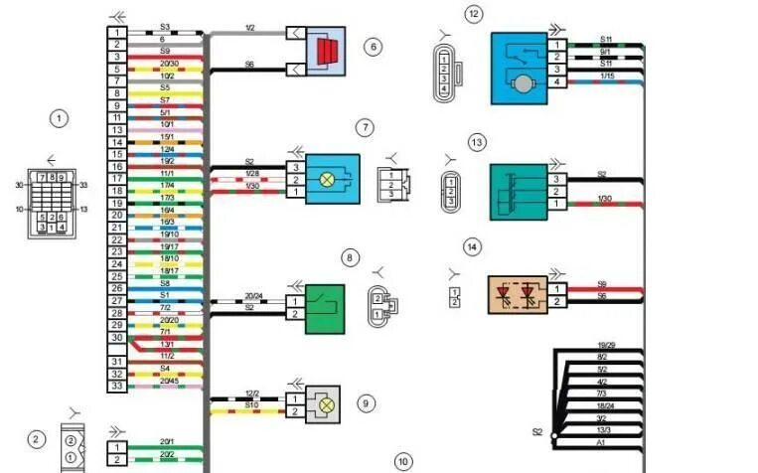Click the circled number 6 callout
pyautogui.click(x=373, y=46)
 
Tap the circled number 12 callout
pyautogui.click(x=473, y=14)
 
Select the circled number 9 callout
pyautogui.click(x=366, y=403)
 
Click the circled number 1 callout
pyautogui.click(x=59, y=118)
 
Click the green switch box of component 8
pyautogui.click(x=324, y=306)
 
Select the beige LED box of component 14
pyautogui.click(x=518, y=294)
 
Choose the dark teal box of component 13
pyautogui.click(x=517, y=191)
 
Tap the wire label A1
pyautogui.click(x=601, y=442)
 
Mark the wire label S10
pyautogui.click(x=254, y=404)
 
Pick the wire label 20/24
pyautogui.click(x=254, y=295)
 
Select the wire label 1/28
pyautogui.click(x=254, y=174)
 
